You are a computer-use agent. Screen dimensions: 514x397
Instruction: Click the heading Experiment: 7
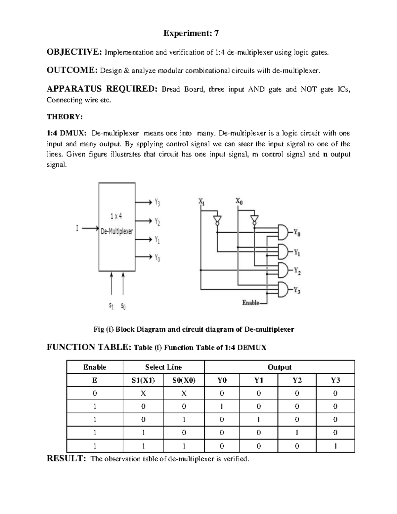click(191, 33)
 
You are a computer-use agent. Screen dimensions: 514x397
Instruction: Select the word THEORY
click(64, 117)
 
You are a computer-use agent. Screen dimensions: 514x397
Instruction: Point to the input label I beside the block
click(77, 228)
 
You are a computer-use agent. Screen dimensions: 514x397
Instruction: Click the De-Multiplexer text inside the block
click(117, 231)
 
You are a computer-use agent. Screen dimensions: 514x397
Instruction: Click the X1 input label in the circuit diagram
click(201, 201)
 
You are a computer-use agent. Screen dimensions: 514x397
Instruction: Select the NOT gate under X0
click(254, 219)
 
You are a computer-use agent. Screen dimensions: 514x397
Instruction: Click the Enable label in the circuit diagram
click(250, 303)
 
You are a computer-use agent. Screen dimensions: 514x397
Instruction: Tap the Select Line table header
click(163, 367)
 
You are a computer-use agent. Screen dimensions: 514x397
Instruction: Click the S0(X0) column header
click(184, 380)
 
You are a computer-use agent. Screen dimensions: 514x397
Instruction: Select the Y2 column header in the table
click(297, 380)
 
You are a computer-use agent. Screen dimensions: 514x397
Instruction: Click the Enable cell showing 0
click(95, 393)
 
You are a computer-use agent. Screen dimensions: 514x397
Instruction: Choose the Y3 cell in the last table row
click(335, 446)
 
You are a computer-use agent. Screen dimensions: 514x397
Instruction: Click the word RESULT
click(66, 458)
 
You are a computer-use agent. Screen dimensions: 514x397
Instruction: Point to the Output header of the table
click(280, 367)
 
